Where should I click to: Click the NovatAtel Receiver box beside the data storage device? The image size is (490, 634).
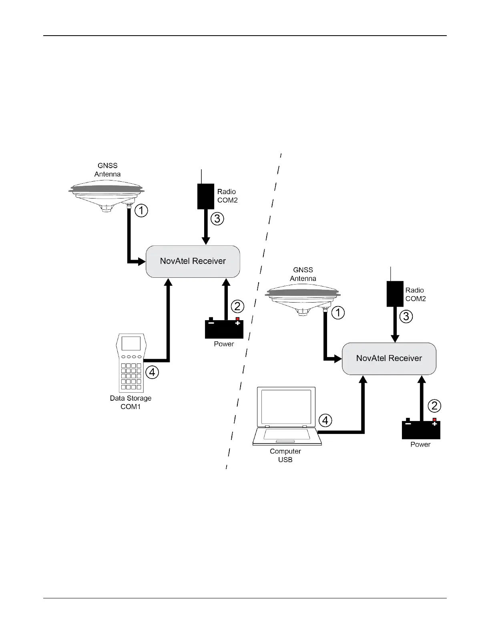[193, 261]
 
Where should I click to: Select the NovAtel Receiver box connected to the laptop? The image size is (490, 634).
[389, 359]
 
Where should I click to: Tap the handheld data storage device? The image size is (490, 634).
[131, 363]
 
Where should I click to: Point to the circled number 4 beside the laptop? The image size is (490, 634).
[325, 420]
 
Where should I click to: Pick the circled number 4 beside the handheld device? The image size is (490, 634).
[152, 373]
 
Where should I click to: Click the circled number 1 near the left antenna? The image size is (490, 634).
[141, 211]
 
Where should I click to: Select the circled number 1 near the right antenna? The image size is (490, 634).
[338, 312]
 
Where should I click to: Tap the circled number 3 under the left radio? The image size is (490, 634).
[217, 219]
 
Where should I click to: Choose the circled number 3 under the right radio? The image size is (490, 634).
[406, 317]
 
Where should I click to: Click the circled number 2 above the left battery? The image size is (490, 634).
[237, 307]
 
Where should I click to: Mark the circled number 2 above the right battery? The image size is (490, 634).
[434, 406]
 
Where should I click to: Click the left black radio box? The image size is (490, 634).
[206, 196]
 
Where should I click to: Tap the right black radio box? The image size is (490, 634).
[395, 294]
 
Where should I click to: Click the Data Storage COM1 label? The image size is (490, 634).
[131, 402]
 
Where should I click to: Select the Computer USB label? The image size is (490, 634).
[285, 455]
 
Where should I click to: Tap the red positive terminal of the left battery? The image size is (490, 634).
[237, 319]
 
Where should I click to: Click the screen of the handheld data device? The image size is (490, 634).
[131, 343]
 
